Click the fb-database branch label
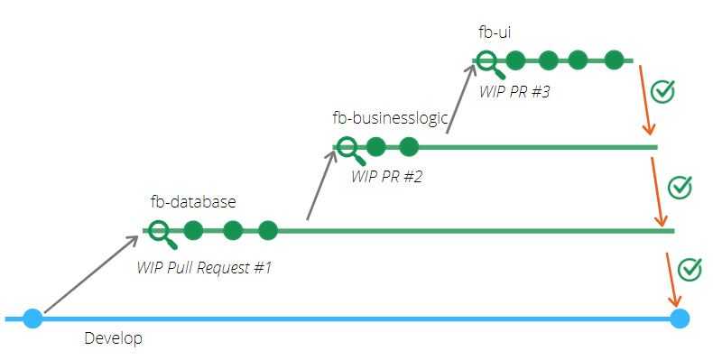pyautogui.click(x=193, y=201)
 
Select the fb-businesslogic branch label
pyautogui.click(x=390, y=117)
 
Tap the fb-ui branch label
pyautogui.click(x=495, y=32)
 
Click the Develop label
pyautogui.click(x=113, y=338)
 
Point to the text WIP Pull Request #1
pyautogui.click(x=204, y=267)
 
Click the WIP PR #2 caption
pyautogui.click(x=387, y=176)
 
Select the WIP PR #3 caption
pyautogui.click(x=514, y=91)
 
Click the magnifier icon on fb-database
pyautogui.click(x=162, y=235)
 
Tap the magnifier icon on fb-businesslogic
pyautogui.click(x=351, y=151)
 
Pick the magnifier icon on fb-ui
pyautogui.click(x=491, y=64)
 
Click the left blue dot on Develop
pyautogui.click(x=32, y=318)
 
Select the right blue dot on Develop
pyautogui.click(x=680, y=318)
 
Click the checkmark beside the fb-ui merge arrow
pyautogui.click(x=662, y=91)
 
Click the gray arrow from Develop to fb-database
pyautogui.click(x=91, y=274)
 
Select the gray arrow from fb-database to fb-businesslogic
pyautogui.click(x=321, y=185)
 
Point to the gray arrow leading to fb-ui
pyautogui.click(x=460, y=98)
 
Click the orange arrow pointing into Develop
pyautogui.click(x=672, y=280)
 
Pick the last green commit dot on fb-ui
pyautogui.click(x=615, y=60)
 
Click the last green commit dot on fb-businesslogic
pyautogui.click(x=409, y=147)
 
